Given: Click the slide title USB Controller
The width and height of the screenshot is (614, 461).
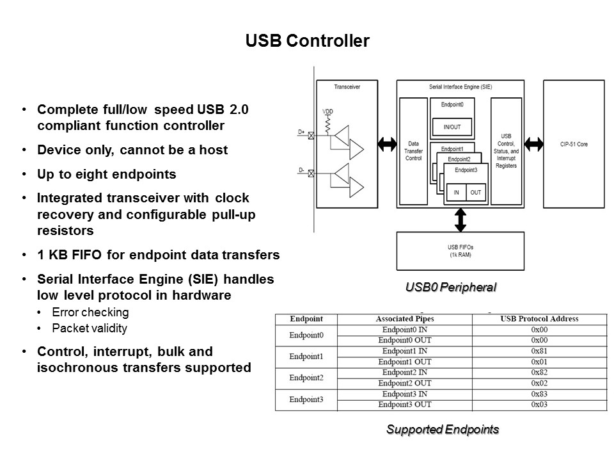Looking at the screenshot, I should coord(307,41).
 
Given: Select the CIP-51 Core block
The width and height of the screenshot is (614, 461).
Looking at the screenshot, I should coord(573,144).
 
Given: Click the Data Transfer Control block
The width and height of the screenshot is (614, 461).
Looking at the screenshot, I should coord(414,151).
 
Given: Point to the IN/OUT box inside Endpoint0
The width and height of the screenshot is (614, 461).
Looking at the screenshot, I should coord(452,127).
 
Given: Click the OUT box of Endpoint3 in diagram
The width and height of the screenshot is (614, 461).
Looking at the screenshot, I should coord(475,193).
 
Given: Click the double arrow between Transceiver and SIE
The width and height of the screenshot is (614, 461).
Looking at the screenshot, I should coord(386,145).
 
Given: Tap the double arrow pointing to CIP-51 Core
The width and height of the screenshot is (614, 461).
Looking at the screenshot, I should coord(533,145).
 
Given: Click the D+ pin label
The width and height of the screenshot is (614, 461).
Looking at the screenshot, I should coord(301,132).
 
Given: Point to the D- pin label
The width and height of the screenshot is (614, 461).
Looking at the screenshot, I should coord(301,170).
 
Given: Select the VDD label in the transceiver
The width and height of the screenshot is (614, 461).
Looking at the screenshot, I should coord(328,111).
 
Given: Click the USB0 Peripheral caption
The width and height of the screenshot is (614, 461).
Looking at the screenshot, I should coord(451,287).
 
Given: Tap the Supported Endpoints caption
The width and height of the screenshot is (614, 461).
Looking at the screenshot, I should coord(442,430).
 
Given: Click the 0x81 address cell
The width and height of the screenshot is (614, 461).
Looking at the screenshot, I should coord(539,352).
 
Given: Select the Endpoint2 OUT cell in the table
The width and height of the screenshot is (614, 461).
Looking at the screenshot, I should coord(404,384).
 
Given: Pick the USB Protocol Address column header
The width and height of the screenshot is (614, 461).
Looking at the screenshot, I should coord(539,319).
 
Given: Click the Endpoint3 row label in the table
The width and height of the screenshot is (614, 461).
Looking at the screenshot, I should coord(306,400).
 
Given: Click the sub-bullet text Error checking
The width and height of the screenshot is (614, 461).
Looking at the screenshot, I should coord(90,312).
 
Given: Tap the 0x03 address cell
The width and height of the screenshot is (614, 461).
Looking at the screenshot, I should coord(539,405).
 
